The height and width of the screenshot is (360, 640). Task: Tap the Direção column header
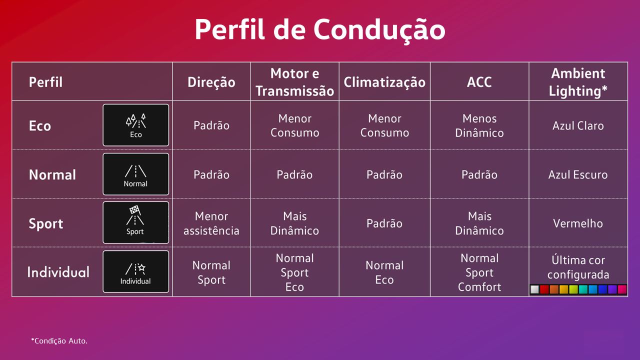pyautogui.click(x=211, y=82)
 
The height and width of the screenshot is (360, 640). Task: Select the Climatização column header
pyautogui.click(x=384, y=82)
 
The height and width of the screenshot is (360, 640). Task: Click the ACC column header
pyautogui.click(x=479, y=82)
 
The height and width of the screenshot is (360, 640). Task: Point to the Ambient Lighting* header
pyautogui.click(x=578, y=82)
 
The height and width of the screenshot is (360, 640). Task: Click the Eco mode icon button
pyautogui.click(x=135, y=125)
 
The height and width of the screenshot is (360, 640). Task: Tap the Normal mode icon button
pyautogui.click(x=135, y=174)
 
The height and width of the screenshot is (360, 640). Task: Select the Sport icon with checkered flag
pyautogui.click(x=135, y=222)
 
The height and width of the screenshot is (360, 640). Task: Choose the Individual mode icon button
pyautogui.click(x=135, y=271)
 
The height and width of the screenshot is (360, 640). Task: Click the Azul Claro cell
pyautogui.click(x=578, y=125)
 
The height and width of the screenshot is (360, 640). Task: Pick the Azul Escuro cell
pyautogui.click(x=578, y=174)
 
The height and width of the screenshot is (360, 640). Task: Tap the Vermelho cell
pyautogui.click(x=578, y=223)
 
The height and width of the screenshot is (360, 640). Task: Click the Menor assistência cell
pyautogui.click(x=211, y=223)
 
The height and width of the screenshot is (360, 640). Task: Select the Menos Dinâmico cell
pyautogui.click(x=479, y=125)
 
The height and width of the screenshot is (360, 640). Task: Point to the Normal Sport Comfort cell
pyautogui.click(x=479, y=272)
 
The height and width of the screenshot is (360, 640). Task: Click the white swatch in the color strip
pyautogui.click(x=534, y=289)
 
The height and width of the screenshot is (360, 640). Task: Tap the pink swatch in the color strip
pyautogui.click(x=622, y=289)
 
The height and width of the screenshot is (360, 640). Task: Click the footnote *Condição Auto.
pyautogui.click(x=59, y=341)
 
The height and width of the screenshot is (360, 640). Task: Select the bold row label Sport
pyautogui.click(x=46, y=223)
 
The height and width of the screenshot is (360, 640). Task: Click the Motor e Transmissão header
pyautogui.click(x=294, y=82)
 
